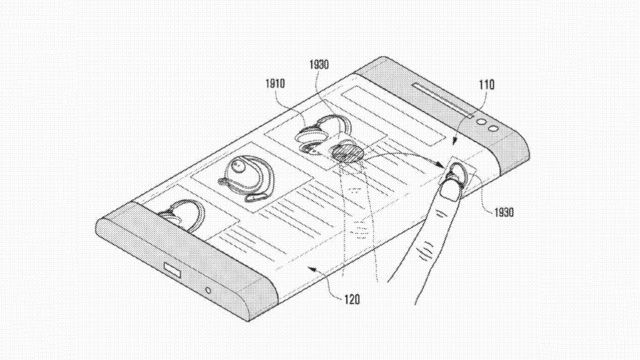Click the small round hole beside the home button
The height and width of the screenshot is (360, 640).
pyautogui.click(x=208, y=290)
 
